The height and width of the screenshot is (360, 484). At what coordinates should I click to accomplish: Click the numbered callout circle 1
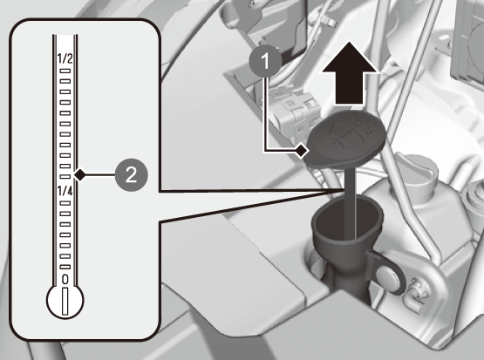point(265,61)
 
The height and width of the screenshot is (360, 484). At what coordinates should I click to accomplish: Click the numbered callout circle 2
point(131,175)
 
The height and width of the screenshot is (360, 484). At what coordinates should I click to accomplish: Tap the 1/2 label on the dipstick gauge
point(65,58)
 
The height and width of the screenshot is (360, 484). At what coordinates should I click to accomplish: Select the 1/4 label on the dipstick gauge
point(65,191)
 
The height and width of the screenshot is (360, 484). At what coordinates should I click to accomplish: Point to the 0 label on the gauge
point(65,279)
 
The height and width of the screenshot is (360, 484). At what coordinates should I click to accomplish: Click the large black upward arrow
point(350,73)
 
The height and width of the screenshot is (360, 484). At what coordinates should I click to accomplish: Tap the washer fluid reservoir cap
point(345,139)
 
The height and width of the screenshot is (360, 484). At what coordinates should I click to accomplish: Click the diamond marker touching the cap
point(302,151)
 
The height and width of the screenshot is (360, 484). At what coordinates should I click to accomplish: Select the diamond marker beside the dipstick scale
point(80,175)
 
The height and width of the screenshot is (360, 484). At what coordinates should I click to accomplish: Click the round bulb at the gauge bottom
point(65,301)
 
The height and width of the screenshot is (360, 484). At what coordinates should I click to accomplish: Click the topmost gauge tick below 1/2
point(65,71)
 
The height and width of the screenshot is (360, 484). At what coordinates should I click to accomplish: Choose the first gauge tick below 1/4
point(65,203)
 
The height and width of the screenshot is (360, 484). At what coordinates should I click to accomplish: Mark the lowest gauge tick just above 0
point(65,267)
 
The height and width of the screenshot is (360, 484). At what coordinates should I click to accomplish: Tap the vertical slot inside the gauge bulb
point(65,302)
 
